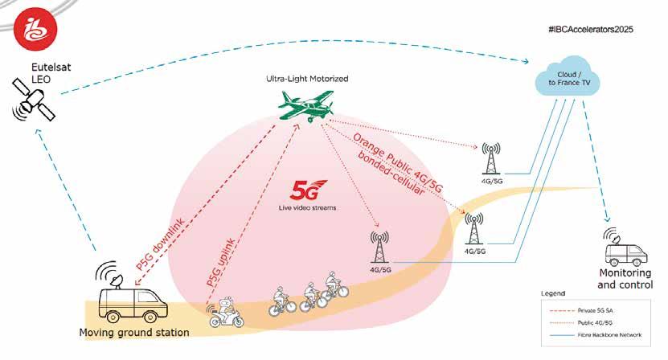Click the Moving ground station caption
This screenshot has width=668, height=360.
(133, 333)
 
